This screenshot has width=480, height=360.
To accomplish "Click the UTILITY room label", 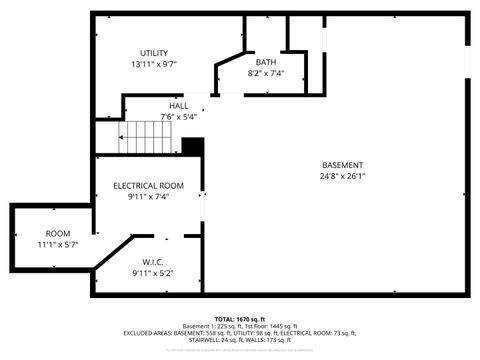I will [153, 53].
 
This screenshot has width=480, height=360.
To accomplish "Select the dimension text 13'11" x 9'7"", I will [153, 64].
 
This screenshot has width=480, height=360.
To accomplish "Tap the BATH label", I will [266, 62].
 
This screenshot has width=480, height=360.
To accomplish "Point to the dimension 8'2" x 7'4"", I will [266, 73].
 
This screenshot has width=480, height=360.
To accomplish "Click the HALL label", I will [178, 106].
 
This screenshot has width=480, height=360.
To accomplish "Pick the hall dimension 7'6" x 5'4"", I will [178, 117].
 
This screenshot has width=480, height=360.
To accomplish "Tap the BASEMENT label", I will [342, 165].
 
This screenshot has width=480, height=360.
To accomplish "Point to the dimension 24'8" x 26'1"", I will [342, 176].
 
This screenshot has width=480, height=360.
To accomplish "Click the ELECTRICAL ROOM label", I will [148, 186].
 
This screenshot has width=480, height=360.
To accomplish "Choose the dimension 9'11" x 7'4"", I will [148, 197].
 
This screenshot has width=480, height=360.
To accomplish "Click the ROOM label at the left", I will [30, 233].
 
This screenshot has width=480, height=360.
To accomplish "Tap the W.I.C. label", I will [153, 262].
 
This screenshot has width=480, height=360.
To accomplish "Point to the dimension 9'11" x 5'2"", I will [153, 273].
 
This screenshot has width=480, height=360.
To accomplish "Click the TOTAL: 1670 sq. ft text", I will [240, 318].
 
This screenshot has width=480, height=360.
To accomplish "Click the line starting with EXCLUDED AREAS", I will [240, 332].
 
